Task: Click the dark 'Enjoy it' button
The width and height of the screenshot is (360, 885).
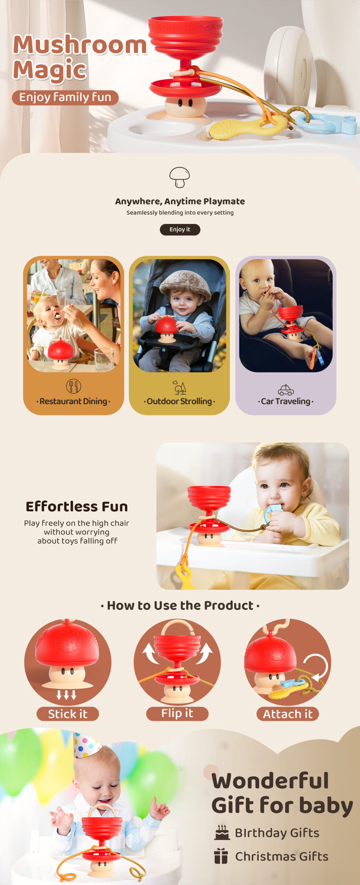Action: (180, 230)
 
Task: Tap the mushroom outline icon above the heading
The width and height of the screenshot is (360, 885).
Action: (179, 177)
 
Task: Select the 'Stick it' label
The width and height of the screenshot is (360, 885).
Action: (68, 714)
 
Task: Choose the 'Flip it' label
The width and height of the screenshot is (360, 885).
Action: (177, 714)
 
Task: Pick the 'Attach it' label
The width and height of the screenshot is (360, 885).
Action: (288, 714)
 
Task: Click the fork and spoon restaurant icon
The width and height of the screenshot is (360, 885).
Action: (73, 386)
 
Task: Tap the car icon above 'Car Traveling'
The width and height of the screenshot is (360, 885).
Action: (286, 390)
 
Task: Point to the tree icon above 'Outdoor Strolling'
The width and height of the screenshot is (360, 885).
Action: (179, 388)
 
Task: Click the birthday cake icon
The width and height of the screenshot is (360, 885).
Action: (222, 833)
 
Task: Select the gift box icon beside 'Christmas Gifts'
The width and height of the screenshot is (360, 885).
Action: (221, 856)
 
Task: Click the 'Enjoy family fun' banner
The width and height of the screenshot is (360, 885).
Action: (65, 97)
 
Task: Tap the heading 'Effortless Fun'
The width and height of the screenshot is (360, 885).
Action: (77, 506)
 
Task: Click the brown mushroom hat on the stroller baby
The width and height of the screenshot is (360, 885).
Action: (185, 285)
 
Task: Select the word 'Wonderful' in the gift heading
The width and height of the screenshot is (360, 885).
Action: (270, 781)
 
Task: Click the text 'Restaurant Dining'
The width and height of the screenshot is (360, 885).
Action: (73, 401)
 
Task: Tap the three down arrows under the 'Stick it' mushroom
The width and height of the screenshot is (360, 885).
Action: (66, 695)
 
